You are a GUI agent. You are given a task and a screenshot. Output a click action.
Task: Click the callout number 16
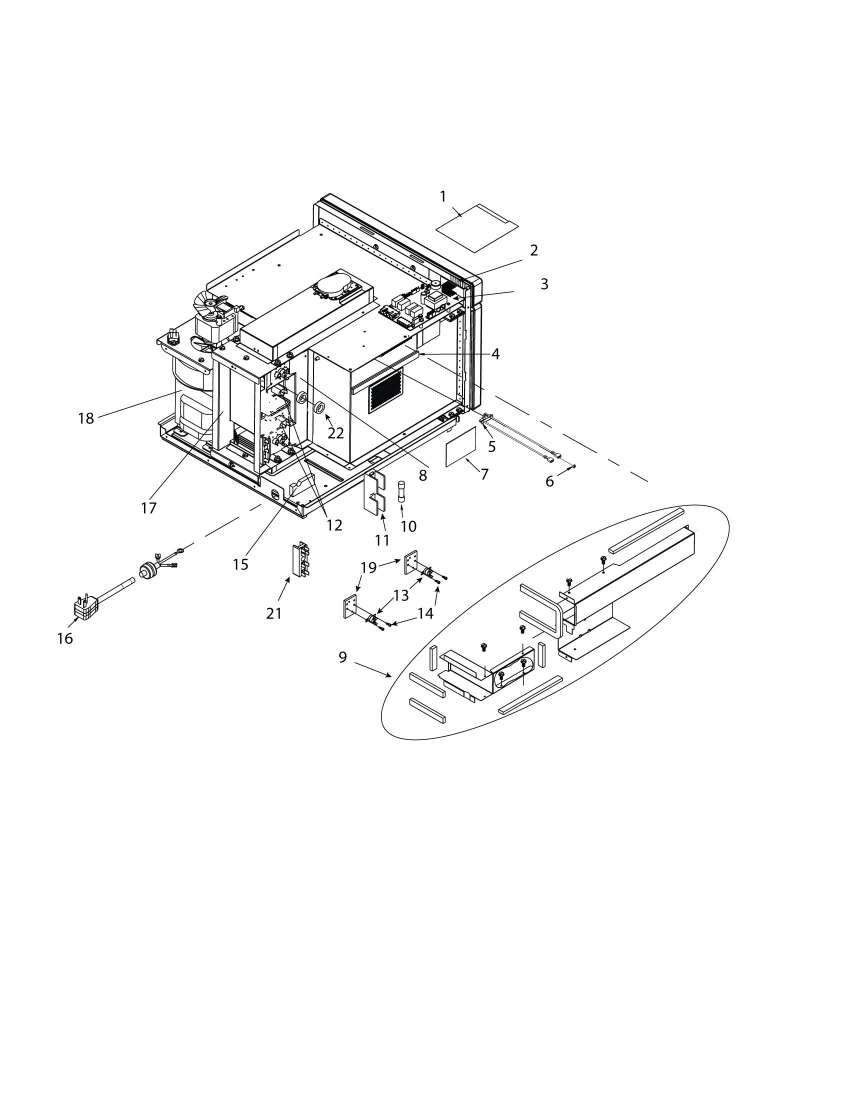(x=65, y=638)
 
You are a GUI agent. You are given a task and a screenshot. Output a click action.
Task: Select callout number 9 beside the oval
(x=342, y=657)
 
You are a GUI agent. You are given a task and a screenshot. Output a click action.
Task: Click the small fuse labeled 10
(x=401, y=491)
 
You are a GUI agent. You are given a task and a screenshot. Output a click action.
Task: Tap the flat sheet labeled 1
(x=476, y=227)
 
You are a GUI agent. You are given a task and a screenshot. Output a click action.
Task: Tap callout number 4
(x=495, y=353)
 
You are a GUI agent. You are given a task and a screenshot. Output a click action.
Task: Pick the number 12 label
(x=334, y=525)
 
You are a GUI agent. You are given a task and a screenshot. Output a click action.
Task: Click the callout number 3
(x=544, y=284)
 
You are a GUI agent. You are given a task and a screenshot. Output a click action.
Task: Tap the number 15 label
(x=240, y=564)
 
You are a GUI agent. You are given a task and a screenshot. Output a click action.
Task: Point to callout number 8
(x=423, y=474)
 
